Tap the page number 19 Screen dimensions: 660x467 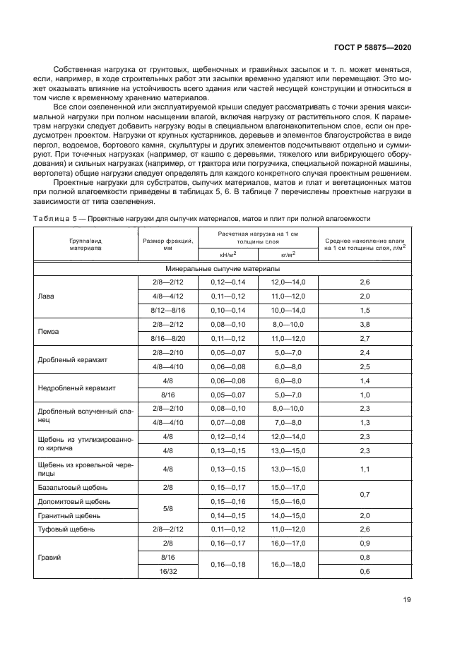(x=406, y=601)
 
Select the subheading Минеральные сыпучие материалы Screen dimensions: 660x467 (x=223, y=269)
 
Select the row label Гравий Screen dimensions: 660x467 (x=49, y=557)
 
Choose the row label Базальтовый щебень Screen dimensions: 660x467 (x=70, y=488)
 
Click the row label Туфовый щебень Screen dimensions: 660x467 (x=66, y=529)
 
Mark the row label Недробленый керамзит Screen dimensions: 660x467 (x=76, y=388)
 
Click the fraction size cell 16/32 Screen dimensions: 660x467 (x=167, y=570)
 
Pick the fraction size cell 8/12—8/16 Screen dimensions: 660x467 (x=167, y=311)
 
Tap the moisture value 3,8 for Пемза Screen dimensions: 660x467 (x=365, y=325)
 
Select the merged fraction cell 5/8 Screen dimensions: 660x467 (x=167, y=508)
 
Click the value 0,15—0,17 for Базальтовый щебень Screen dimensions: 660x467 (x=225, y=488)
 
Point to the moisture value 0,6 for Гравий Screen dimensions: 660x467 (x=365, y=570)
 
